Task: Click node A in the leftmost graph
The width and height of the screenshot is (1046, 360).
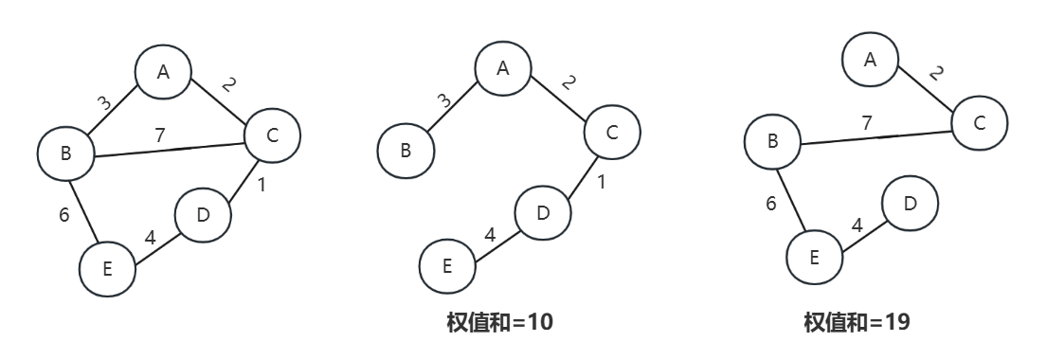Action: (163, 71)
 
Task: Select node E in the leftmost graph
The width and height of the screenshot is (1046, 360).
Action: (107, 268)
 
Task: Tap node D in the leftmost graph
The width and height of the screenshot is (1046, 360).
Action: (203, 214)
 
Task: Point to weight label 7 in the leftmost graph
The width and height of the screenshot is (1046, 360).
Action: (160, 135)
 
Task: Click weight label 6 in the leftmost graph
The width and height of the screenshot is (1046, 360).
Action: (64, 214)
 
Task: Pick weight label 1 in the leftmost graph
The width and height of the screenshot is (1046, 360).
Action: (261, 186)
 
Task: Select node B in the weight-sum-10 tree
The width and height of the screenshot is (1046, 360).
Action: (406, 150)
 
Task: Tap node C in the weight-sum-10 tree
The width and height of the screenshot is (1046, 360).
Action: (612, 132)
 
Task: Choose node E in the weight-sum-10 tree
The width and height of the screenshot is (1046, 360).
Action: (447, 267)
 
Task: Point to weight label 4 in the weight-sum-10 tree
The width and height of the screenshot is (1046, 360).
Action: (490, 233)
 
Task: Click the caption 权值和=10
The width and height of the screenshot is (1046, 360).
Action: (499, 322)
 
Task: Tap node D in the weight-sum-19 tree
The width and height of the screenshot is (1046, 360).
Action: (910, 204)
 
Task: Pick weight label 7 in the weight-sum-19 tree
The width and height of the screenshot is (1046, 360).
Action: (866, 123)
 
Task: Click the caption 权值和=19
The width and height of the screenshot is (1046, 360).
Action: (857, 322)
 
